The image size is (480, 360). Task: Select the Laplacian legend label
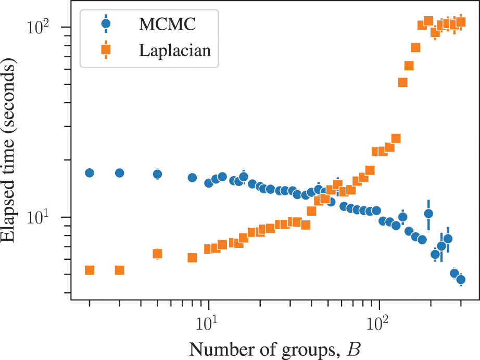[175, 50]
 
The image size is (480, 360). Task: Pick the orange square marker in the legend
[106, 50]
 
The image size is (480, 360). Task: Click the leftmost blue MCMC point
[90, 173]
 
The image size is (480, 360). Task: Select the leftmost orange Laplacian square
[90, 270]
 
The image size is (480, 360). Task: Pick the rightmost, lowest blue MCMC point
[460, 280]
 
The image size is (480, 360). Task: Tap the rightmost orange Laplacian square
[461, 22]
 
